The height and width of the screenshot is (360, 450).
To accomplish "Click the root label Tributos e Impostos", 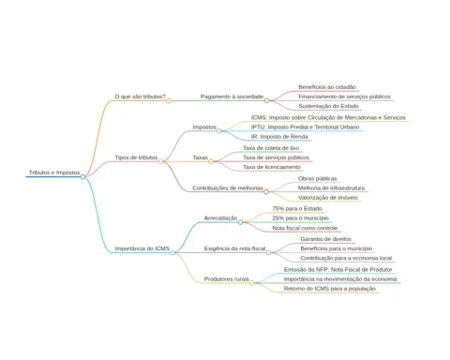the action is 54,172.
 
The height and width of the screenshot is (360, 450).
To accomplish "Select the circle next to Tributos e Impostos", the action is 82,177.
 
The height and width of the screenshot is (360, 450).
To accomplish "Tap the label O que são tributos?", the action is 140,97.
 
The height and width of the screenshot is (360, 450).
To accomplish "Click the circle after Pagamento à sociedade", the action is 266,100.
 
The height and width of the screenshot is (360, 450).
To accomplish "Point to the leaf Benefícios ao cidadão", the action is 327,87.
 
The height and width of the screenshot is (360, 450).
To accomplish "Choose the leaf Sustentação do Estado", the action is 328,106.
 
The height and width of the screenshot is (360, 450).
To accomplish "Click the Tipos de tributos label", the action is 136,157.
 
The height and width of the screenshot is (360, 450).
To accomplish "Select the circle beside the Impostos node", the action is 219,131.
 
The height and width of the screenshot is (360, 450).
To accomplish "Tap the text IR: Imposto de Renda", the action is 279,137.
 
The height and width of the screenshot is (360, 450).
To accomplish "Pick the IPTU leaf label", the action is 305,127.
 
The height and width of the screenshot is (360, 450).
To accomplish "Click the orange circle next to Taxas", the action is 211,161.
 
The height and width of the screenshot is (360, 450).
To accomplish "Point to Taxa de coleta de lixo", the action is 271,148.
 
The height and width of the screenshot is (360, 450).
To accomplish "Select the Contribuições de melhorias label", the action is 228,187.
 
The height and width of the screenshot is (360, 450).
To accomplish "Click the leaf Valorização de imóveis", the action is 327,198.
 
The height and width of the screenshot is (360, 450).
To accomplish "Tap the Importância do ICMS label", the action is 142,248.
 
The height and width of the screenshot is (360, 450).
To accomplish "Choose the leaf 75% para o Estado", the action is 297,208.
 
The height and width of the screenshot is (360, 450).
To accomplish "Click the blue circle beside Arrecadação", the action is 240,222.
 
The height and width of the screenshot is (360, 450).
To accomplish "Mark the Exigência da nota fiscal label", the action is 234,248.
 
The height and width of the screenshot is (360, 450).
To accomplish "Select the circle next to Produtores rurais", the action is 252,283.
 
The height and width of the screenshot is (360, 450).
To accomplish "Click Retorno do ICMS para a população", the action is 330,289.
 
